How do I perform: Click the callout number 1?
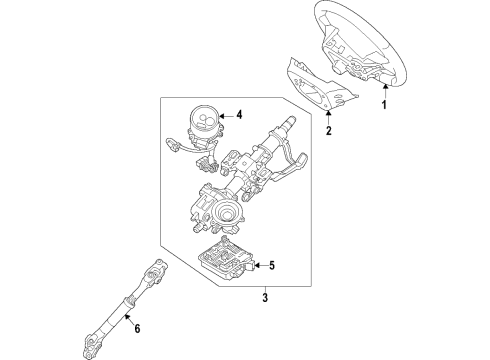point(384,104)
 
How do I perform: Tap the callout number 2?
point(329,130)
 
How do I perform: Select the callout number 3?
point(265,297)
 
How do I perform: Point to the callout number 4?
point(239,115)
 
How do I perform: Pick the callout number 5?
point(272,266)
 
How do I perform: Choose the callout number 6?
point(137,328)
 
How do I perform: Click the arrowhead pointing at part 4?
point(222,116)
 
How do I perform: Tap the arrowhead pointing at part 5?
point(257,266)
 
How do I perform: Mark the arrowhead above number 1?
point(385,87)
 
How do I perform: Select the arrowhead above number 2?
point(329,113)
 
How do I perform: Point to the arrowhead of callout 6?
point(126,317)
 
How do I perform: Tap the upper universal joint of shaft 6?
point(156,272)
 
